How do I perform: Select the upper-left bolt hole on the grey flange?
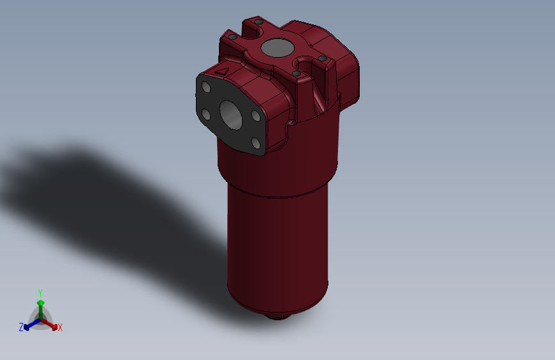(x=206, y=86)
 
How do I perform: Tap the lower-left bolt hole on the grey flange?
(x=206, y=115)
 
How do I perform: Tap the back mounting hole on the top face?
(x=258, y=22)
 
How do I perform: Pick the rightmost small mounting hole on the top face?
(x=323, y=58)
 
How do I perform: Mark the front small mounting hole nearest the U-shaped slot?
(x=296, y=73)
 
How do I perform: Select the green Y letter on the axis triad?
(x=40, y=291)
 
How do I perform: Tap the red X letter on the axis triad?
(x=60, y=327)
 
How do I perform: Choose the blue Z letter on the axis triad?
(x=21, y=327)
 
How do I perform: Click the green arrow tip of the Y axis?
(x=40, y=302)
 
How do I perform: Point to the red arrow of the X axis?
(x=52, y=324)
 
